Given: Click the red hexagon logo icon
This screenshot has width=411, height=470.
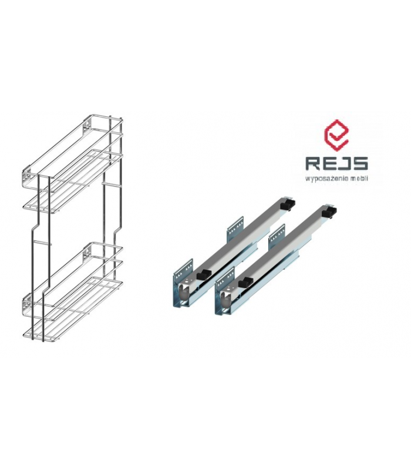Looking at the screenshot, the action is click(337, 136).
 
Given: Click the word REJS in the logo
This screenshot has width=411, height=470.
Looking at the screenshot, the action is click(336, 163).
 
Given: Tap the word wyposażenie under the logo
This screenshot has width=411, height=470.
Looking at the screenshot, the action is click(328, 179).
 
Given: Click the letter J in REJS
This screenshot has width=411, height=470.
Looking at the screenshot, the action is click(344, 163).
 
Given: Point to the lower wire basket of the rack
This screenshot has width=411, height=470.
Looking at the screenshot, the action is click(72, 292).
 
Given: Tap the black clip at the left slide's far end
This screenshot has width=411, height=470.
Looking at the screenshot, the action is click(288, 204).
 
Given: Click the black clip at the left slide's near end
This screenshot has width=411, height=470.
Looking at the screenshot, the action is click(204, 274).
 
